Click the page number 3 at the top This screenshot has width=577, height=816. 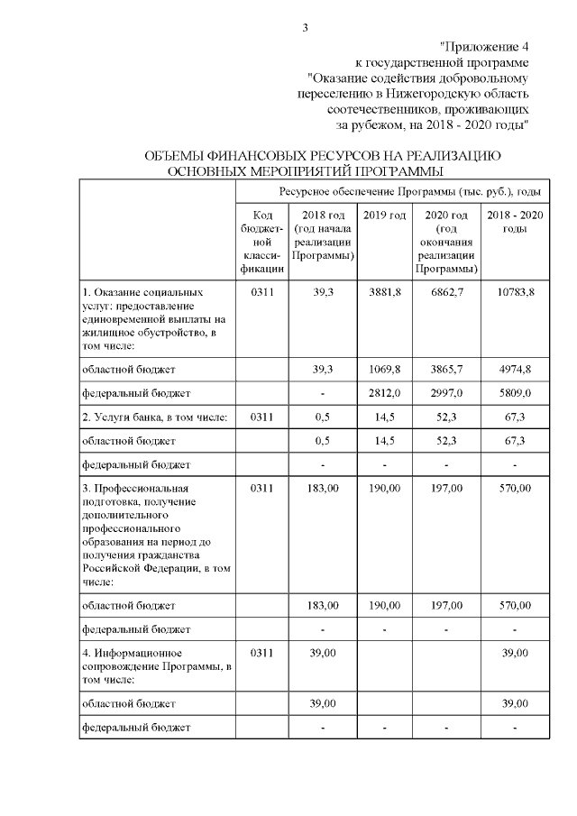pyautogui.click(x=306, y=28)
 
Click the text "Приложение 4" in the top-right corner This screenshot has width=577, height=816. pyautogui.click(x=484, y=46)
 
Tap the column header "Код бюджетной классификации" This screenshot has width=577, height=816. pyautogui.click(x=262, y=242)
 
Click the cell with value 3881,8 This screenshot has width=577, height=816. pyautogui.click(x=384, y=293)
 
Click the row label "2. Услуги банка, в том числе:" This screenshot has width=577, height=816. pyautogui.click(x=152, y=417)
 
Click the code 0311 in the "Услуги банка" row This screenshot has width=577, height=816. pyautogui.click(x=262, y=417)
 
